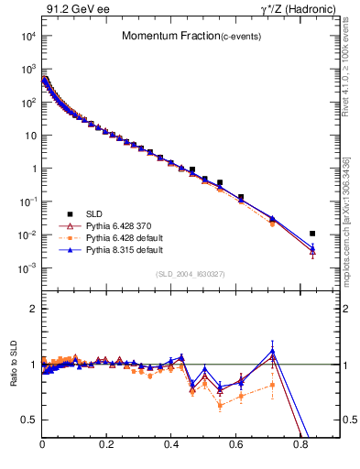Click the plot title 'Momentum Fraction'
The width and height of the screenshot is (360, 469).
[163, 36]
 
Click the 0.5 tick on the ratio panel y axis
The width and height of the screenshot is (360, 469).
[29, 420]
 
